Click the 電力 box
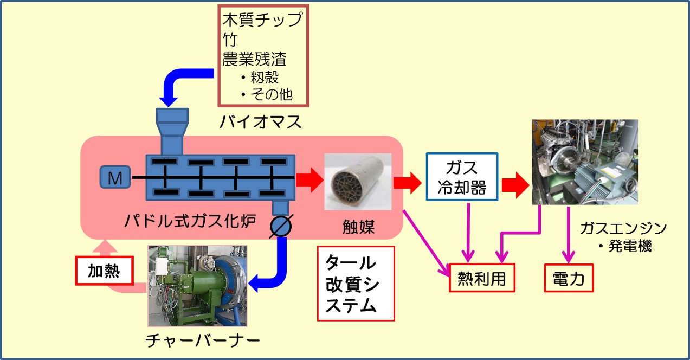click(x=569, y=278)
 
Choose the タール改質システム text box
click(x=355, y=284)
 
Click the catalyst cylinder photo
click(x=357, y=182)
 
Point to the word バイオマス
click(x=260, y=123)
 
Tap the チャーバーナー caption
click(x=203, y=340)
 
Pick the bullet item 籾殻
click(x=264, y=77)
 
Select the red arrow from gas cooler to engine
click(x=514, y=186)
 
